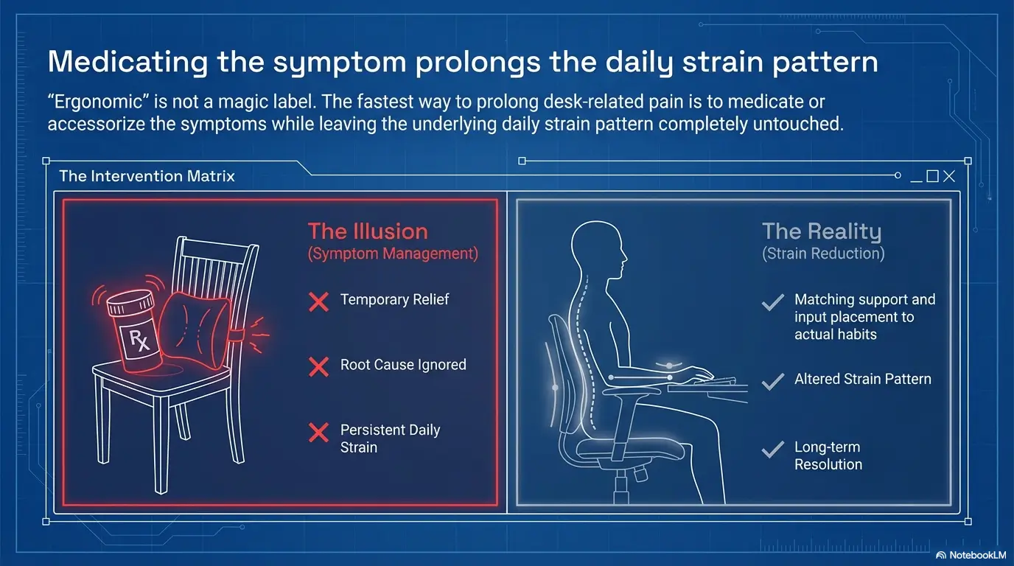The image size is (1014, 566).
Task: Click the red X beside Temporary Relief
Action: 318,301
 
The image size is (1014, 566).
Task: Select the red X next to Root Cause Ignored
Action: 318,366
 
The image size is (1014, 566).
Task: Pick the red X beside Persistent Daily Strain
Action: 318,433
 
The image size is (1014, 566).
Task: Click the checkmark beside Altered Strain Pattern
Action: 772,380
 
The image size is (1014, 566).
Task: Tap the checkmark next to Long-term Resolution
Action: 772,449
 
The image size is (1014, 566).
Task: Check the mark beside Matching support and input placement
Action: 772,302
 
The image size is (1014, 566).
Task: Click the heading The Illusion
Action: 368,231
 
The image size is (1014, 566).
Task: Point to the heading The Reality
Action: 822,231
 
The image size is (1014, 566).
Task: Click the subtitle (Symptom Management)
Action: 393,254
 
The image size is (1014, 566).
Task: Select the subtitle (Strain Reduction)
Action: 823,254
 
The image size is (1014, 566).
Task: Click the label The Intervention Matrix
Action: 147,176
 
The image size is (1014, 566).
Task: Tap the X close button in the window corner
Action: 949,176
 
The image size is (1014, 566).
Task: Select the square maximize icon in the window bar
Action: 933,176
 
